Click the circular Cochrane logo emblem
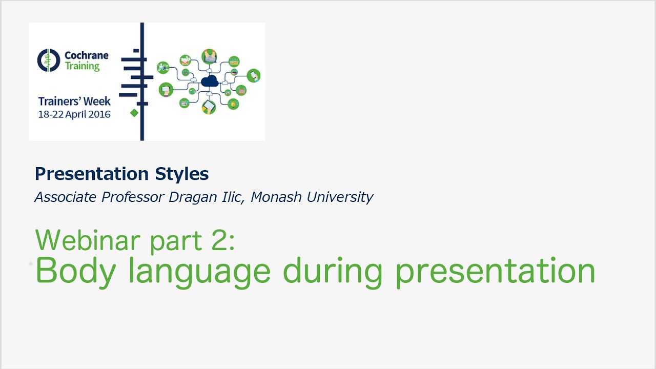pos(49,60)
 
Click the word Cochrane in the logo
pos(87,55)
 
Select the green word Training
pos(82,66)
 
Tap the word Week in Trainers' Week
pos(96,101)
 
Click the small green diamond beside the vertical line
pos(134,113)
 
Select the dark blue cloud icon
pos(210,81)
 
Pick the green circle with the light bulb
pos(233,104)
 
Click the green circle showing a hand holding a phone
pos(253,75)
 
